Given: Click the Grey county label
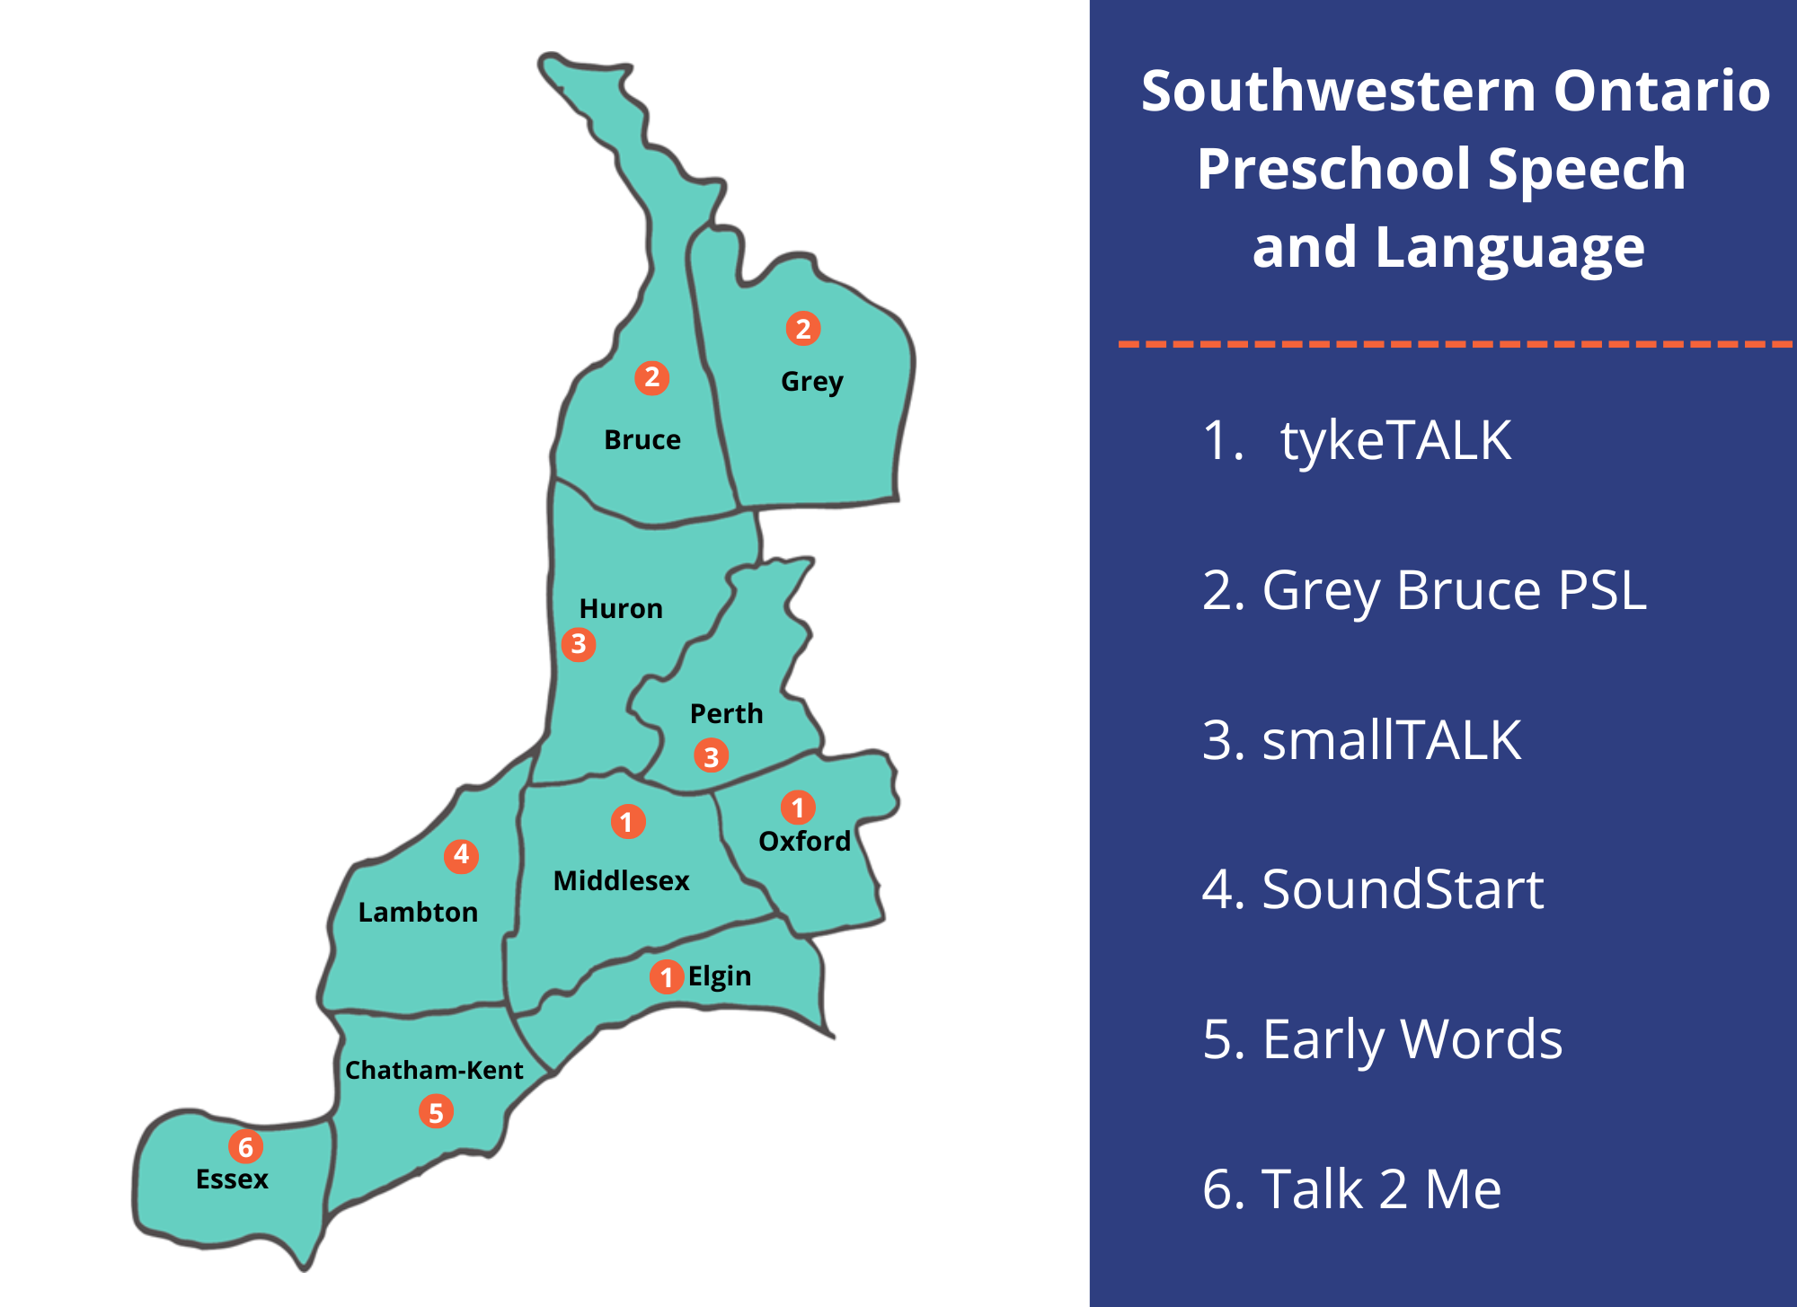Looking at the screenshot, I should [x=811, y=382].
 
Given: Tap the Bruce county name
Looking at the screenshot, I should [x=642, y=440].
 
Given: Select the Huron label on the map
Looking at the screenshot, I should [x=621, y=609].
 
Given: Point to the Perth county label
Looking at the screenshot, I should [x=726, y=714].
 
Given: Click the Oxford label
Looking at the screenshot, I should [x=804, y=842].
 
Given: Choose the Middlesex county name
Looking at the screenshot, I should [x=621, y=881].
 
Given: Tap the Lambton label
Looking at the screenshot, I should [x=418, y=913].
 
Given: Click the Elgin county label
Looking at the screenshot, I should [x=719, y=976].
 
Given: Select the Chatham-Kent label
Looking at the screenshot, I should [x=434, y=1071].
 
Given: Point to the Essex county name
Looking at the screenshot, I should [x=232, y=1179].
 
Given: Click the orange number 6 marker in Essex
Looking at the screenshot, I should [x=245, y=1146].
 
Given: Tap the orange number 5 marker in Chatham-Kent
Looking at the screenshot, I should [x=436, y=1112].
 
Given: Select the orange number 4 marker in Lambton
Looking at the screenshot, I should [x=461, y=855].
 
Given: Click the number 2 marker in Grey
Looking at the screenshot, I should [x=803, y=329].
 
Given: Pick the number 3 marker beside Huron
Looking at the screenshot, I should [x=579, y=644].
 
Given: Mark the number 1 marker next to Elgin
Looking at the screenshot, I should [x=666, y=976].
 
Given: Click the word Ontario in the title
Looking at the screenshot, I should [x=1661, y=91].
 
